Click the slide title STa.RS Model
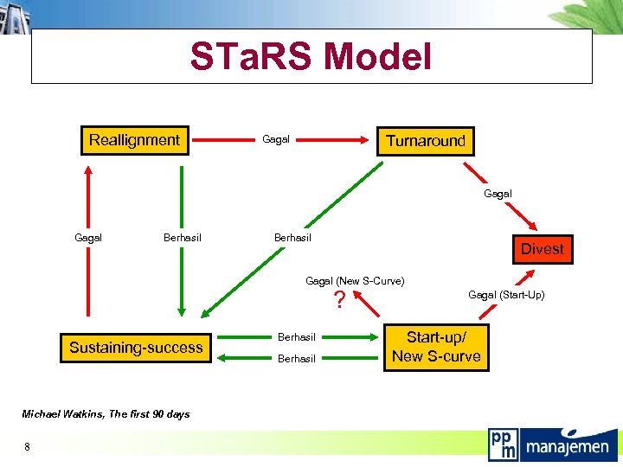pos(311,57)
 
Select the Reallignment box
pos(135,140)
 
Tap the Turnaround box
pos(425,140)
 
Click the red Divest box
pos(542,249)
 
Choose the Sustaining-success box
pos(136,348)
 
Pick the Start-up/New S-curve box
pos(436,347)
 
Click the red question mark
pos(340,300)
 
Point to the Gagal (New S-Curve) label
pos(355,281)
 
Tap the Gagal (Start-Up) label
pos(506,295)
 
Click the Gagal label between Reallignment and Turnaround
pos(276,139)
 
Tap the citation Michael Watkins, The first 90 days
pos(106,414)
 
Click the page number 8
pos(28,446)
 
